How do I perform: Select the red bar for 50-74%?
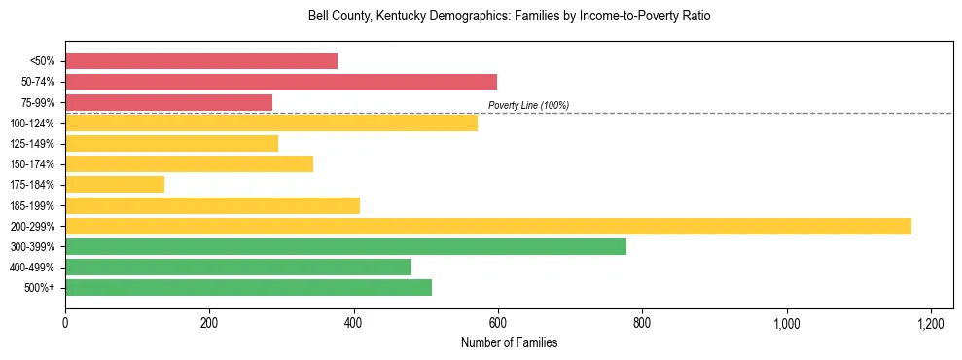281,82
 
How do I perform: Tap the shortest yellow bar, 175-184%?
115,184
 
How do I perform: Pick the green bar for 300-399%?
345,246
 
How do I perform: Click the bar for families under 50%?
201,60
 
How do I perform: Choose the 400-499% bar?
238,267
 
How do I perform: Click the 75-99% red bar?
168,102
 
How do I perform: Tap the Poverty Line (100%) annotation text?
528,105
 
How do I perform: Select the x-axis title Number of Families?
509,342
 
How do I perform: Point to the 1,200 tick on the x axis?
931,323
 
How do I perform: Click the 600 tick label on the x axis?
498,323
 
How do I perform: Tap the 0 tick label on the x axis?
65,323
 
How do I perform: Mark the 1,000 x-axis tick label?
786,323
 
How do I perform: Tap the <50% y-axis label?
42,61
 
